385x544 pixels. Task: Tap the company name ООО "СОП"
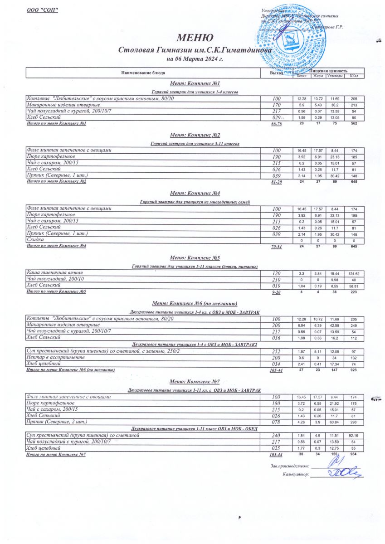43,10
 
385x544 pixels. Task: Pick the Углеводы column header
335,76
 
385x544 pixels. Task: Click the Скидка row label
35,239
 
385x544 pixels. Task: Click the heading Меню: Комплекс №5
195,258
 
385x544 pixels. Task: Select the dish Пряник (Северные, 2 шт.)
59,422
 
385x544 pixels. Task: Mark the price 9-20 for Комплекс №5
276,292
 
